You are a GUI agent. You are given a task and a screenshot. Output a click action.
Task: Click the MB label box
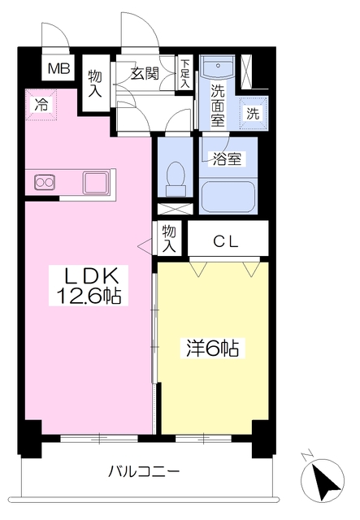tap(58, 69)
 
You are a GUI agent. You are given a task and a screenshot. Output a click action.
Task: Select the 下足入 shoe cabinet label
tap(185, 73)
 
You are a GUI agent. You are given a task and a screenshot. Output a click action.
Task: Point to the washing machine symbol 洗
tap(254, 113)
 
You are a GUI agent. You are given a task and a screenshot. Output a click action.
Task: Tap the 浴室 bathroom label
tap(227, 158)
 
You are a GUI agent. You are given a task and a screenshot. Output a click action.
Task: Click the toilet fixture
tap(173, 174)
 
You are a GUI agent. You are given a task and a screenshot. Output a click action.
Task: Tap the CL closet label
tap(227, 240)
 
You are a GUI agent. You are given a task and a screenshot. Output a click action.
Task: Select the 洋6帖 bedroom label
tap(209, 349)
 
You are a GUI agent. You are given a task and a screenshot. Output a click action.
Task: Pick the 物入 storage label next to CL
tap(169, 238)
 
